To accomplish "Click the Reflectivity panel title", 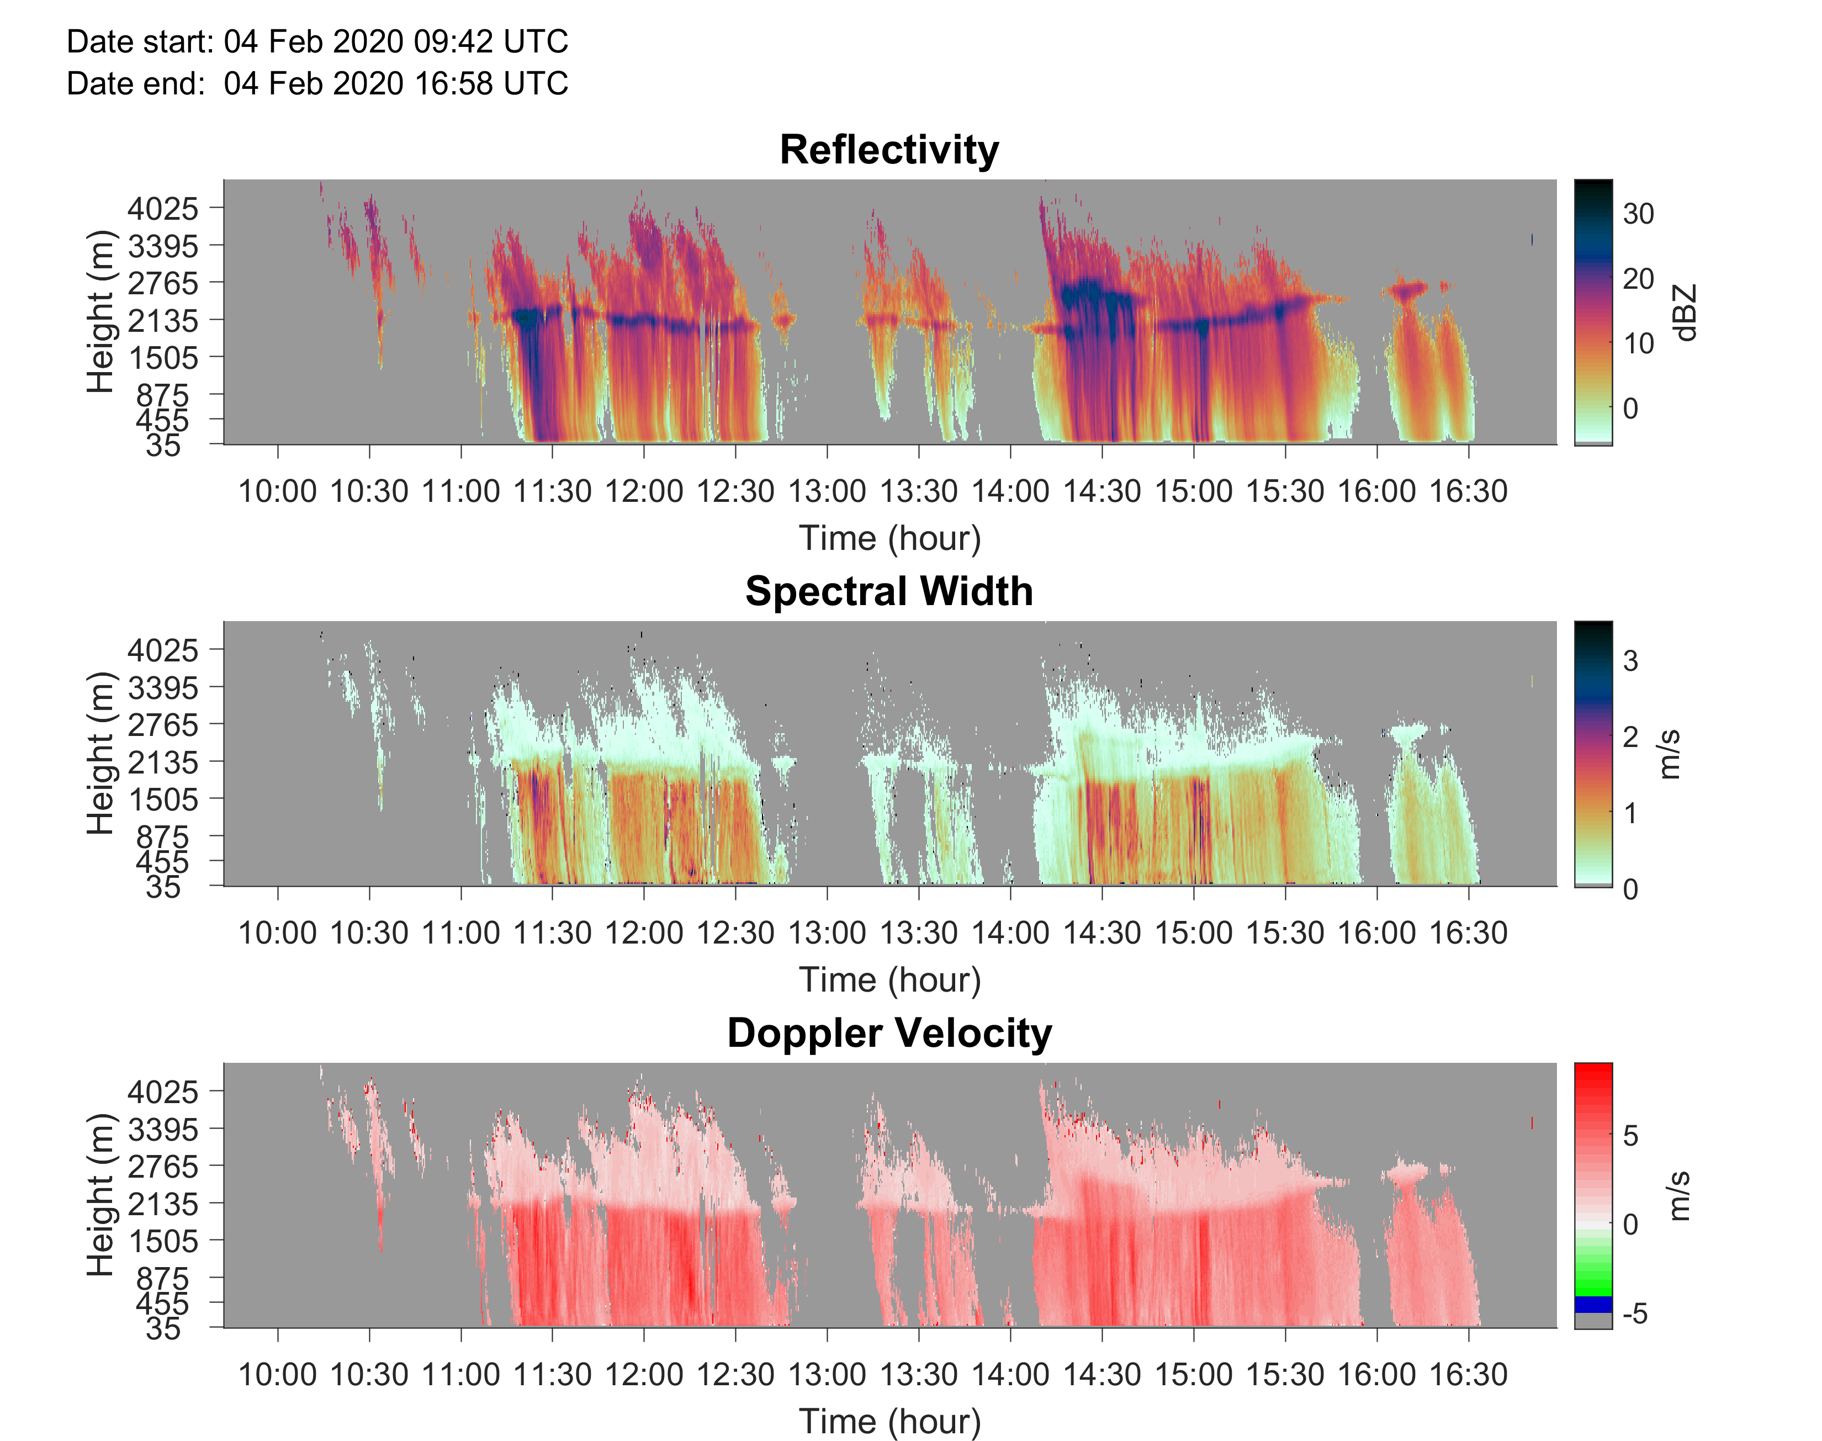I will [889, 150].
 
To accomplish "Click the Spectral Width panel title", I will [889, 591].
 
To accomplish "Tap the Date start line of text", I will [317, 41].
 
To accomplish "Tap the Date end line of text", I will [317, 83].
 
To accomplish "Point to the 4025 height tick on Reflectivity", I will [163, 208].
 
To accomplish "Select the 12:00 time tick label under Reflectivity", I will [644, 491].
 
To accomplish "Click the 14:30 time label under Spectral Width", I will [1101, 933].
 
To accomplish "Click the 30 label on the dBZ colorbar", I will [1638, 214].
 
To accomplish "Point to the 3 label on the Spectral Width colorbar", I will [1630, 661].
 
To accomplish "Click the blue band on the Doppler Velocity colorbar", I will [1592, 1304].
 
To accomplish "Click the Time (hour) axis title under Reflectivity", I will [889, 538].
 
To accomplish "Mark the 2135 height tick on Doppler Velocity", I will [163, 1204].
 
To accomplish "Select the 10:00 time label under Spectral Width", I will [278, 933].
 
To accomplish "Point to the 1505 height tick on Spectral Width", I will [163, 799].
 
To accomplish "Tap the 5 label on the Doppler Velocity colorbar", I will [1630, 1136].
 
